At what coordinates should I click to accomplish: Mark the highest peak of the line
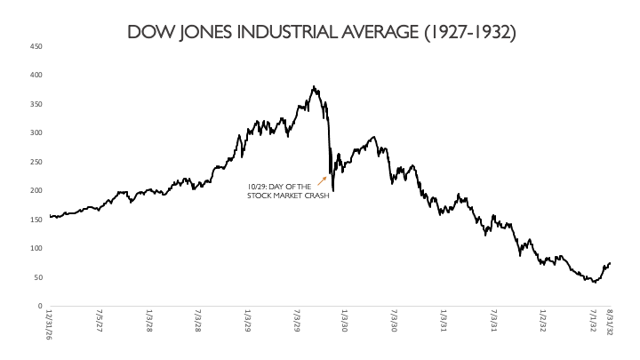tap(314, 87)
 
